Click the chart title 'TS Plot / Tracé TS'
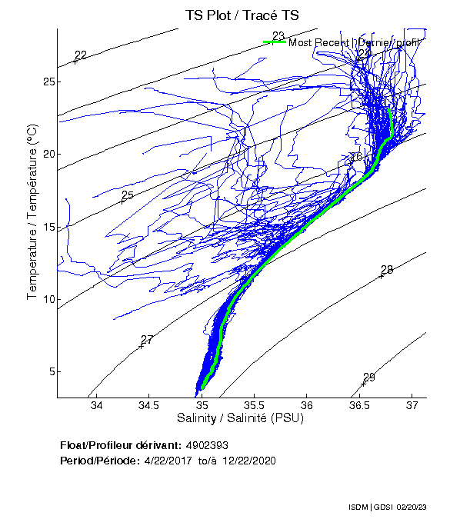pos(242,15)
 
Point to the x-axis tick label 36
pos(307,405)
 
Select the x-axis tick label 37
pos(412,405)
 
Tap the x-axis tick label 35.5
pos(254,405)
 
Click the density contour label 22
pos(81,55)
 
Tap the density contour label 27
pos(147,340)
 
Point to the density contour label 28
pos(387,270)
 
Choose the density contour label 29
pos(368,377)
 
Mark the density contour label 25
pos(128,195)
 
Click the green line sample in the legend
pos(275,42)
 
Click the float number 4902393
pos(208,445)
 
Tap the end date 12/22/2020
pos(248,461)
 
